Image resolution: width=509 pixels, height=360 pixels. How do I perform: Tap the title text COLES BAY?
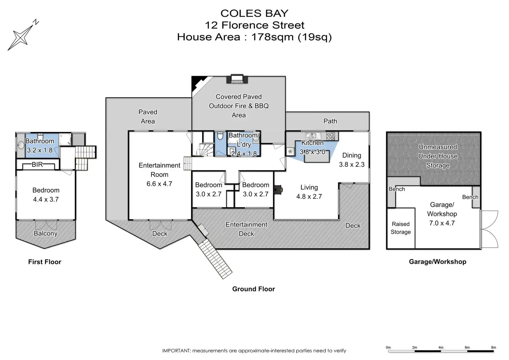(254, 13)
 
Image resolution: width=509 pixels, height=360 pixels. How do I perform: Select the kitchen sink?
(313, 136)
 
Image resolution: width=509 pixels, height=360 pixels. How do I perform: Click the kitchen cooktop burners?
(330, 136)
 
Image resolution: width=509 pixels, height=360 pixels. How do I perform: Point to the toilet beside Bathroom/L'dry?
(220, 136)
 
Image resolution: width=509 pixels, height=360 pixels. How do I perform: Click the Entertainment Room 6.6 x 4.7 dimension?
(159, 184)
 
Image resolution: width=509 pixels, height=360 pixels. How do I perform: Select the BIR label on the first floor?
(37, 164)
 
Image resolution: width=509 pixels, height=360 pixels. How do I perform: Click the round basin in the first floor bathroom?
(21, 145)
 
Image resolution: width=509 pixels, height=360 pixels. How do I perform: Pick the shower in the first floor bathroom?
(65, 139)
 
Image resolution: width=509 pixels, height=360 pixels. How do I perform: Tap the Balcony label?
(45, 233)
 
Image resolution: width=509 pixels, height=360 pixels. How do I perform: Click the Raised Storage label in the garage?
(401, 228)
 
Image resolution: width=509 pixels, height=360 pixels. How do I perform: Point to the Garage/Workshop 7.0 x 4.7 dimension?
(442, 223)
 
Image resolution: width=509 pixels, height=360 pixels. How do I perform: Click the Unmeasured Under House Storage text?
(438, 156)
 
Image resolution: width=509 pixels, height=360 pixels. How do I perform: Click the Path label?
(330, 121)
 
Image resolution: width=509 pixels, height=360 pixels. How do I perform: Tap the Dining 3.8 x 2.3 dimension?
(352, 164)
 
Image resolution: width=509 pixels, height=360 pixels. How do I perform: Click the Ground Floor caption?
(253, 289)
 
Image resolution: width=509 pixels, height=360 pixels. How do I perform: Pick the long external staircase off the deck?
(215, 258)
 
